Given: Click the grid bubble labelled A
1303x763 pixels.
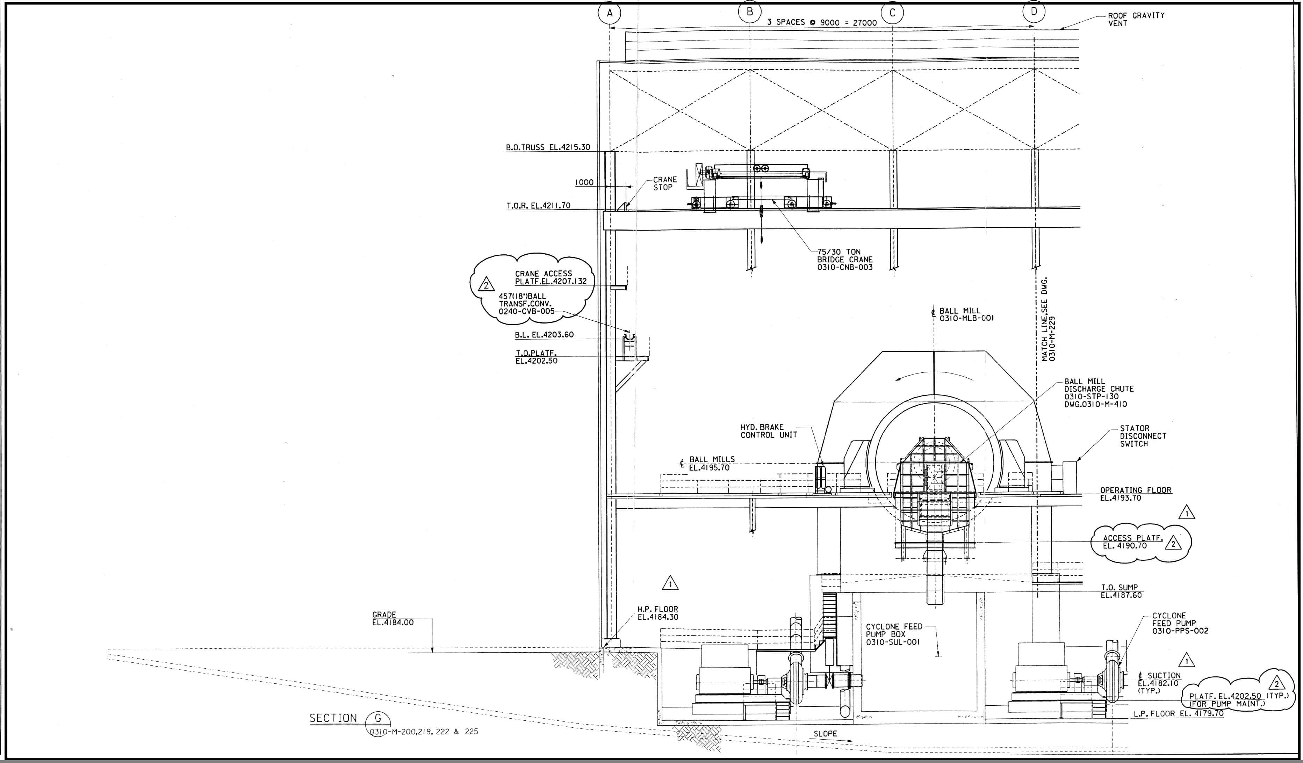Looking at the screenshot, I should coord(610,13).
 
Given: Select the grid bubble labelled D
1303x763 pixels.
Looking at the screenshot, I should coord(1034,12).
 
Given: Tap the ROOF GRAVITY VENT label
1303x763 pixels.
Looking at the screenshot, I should coord(1136,20).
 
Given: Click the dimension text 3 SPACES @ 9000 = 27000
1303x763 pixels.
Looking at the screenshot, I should coord(822,23).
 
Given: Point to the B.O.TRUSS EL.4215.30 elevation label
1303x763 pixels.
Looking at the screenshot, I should coord(548,147).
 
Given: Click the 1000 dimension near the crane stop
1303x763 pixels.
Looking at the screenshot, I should coord(584,182).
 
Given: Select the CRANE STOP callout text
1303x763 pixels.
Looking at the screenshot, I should coord(664,183).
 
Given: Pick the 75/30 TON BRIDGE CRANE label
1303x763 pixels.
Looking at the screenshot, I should coord(844,260).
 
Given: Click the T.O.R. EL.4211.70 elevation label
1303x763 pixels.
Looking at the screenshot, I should coord(538,206).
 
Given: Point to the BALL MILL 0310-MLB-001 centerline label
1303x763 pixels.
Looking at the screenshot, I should coord(966,314).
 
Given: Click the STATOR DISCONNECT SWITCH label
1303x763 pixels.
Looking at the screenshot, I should coord(1143,436).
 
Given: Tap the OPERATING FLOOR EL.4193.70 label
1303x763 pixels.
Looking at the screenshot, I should coord(1136,494).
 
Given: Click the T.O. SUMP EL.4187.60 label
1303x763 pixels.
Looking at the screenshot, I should coord(1121,591).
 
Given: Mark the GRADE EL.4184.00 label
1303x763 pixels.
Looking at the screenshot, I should coord(393,618).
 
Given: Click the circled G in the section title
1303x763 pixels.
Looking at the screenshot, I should coord(377,718).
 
